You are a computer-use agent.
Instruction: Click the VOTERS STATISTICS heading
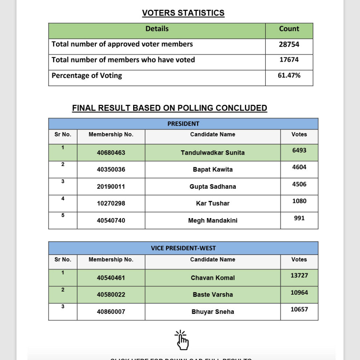tap(183, 13)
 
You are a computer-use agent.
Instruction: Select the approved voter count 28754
tap(289, 44)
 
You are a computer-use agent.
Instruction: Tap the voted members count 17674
tap(289, 60)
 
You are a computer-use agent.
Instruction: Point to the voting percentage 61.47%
tap(289, 75)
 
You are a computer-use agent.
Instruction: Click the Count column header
tap(289, 29)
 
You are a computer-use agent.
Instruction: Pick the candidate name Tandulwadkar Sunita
tap(213, 153)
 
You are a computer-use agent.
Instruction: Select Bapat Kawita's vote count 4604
tap(299, 167)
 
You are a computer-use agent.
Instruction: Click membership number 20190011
tap(111, 187)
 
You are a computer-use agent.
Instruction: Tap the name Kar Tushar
tap(213, 203)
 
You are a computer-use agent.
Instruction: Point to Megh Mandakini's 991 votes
tap(299, 218)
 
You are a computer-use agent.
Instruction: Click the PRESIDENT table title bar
tap(183, 124)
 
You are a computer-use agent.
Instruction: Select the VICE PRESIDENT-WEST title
tap(183, 248)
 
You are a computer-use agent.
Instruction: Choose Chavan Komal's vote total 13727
tap(299, 275)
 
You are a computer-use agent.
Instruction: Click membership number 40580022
tap(111, 295)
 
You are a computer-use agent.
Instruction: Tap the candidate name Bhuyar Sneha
tap(213, 312)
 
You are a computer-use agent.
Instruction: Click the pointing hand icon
tap(182, 340)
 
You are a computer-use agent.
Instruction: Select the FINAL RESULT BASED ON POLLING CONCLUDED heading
tap(169, 108)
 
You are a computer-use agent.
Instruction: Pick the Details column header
tap(157, 29)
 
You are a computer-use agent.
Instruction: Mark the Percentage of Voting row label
tap(87, 75)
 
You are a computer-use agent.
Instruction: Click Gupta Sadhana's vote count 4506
tap(299, 184)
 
